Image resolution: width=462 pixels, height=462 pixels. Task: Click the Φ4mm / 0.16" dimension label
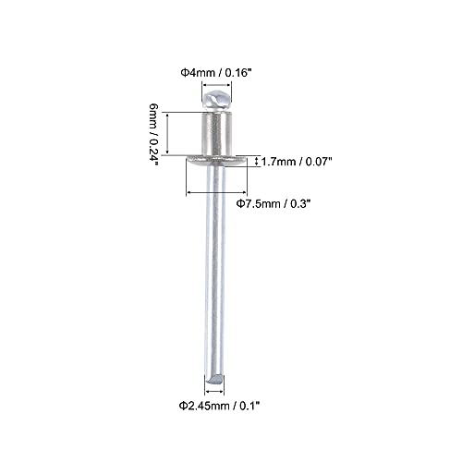pyautogui.click(x=216, y=73)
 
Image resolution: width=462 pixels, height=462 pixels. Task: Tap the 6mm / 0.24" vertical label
pyautogui.click(x=153, y=135)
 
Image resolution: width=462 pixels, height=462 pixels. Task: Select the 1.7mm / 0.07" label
pyautogui.click(x=297, y=162)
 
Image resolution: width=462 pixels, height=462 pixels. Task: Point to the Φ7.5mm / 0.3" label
pyautogui.click(x=273, y=203)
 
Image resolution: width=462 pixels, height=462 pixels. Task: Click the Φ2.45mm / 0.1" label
pyautogui.click(x=220, y=406)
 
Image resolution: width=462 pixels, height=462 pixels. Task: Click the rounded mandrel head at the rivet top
pyautogui.click(x=216, y=101)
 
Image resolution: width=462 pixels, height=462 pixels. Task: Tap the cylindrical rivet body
pyautogui.click(x=216, y=134)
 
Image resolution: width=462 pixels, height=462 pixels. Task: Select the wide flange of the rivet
pyautogui.click(x=216, y=160)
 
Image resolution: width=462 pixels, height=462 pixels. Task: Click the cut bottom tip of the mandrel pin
pyautogui.click(x=214, y=379)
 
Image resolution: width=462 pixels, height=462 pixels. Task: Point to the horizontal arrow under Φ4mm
pyautogui.click(x=216, y=85)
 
